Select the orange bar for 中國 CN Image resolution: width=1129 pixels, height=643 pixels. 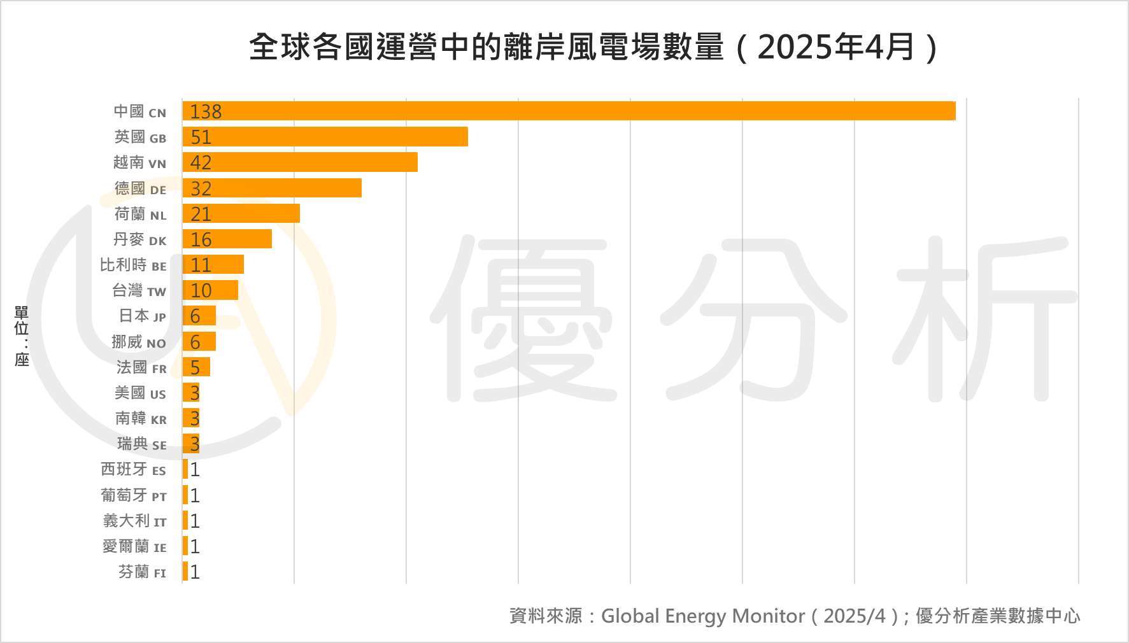point(568,111)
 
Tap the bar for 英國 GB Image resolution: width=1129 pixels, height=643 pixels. point(325,137)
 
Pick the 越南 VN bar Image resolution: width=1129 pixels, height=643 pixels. point(299,162)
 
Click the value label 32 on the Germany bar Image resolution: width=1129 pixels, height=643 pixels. point(201,188)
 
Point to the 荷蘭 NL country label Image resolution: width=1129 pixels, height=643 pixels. point(140,214)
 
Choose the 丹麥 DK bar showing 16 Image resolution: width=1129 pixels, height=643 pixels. point(227,239)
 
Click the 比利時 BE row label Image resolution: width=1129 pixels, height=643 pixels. point(133,265)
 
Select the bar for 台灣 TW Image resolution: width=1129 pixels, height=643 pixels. point(210,290)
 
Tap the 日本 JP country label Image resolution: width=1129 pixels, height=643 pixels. point(143,316)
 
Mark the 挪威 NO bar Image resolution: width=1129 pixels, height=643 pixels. point(199,342)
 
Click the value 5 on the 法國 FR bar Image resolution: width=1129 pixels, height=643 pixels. point(195,367)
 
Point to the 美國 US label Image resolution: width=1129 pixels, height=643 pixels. point(140,393)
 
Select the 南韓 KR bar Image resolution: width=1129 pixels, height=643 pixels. point(191,418)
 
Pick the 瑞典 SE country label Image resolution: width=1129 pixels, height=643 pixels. point(141,444)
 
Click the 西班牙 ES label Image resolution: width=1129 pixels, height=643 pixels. point(133,470)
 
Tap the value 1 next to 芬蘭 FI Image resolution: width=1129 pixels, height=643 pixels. point(195,572)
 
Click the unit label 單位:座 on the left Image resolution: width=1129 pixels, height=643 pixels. point(22,336)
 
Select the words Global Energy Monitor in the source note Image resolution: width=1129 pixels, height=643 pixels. point(703,616)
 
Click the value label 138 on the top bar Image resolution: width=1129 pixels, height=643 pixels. point(206,111)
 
